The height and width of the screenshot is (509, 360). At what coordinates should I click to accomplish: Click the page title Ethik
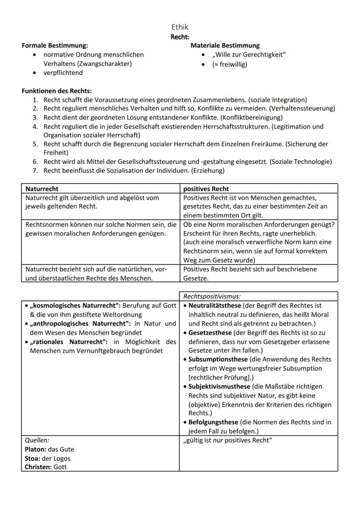pyautogui.click(x=180, y=27)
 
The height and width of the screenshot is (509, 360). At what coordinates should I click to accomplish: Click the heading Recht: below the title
pyautogui.click(x=180, y=37)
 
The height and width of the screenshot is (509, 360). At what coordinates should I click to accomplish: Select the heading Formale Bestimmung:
pyautogui.click(x=55, y=45)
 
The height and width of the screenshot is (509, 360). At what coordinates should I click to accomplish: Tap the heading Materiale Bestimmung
pyautogui.click(x=225, y=45)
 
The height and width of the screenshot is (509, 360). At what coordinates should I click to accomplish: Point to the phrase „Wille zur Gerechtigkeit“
pyautogui.click(x=249, y=55)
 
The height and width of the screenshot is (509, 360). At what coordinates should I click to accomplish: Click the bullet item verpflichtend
pyautogui.click(x=63, y=73)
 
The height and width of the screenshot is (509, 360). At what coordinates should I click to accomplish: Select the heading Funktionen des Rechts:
pyautogui.click(x=57, y=91)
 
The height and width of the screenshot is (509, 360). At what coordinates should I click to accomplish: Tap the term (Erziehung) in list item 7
pyautogui.click(x=207, y=171)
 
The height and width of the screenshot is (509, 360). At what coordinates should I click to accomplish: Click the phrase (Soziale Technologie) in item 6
pyautogui.click(x=300, y=162)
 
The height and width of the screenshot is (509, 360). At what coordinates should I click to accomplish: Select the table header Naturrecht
pyautogui.click(x=42, y=189)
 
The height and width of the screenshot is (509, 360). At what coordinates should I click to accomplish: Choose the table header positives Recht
pyautogui.click(x=206, y=189)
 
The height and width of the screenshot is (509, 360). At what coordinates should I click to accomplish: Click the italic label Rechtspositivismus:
pyautogui.click(x=212, y=296)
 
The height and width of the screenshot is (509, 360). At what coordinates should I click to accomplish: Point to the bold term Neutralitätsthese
pyautogui.click(x=215, y=306)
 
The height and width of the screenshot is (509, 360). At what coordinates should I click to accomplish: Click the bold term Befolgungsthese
pyautogui.click(x=213, y=422)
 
